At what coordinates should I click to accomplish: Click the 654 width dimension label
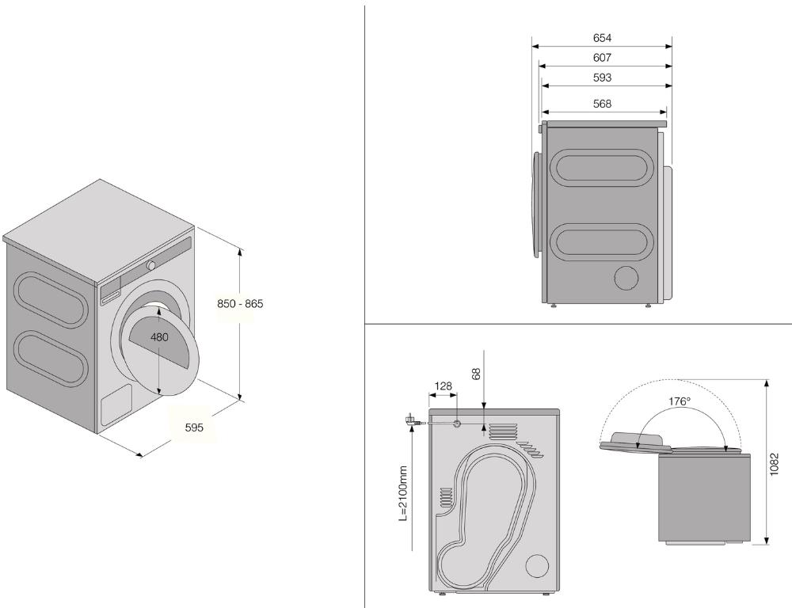(602, 38)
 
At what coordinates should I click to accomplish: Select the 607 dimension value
(602, 58)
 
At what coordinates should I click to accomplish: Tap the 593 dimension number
(602, 78)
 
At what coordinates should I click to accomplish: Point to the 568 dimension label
(602, 104)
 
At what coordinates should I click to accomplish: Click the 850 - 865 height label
(240, 303)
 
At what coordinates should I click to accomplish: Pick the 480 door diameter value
(159, 337)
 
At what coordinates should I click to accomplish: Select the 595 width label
(194, 427)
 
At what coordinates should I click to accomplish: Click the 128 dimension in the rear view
(443, 386)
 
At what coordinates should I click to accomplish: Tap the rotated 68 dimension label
(477, 373)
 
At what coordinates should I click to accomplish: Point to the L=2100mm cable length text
(403, 493)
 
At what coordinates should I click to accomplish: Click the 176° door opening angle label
(679, 401)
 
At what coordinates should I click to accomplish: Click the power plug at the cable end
(412, 420)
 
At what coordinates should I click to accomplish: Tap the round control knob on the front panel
(151, 264)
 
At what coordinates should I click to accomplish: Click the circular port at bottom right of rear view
(536, 565)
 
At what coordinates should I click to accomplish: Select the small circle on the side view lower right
(627, 278)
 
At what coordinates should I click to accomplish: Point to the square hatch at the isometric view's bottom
(117, 404)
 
